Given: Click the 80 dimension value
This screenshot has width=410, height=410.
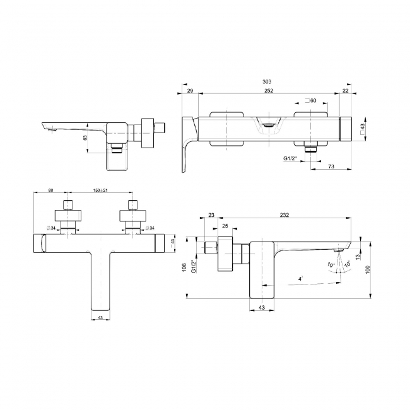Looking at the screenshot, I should pos(51,190).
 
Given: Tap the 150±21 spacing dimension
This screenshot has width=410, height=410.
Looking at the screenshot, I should pos(100,190).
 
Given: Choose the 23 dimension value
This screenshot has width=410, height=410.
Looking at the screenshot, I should pos(211,216).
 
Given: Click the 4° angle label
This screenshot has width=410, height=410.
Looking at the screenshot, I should pos(300,278).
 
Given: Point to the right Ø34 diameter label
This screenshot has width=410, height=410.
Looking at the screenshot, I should pos(149,228).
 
